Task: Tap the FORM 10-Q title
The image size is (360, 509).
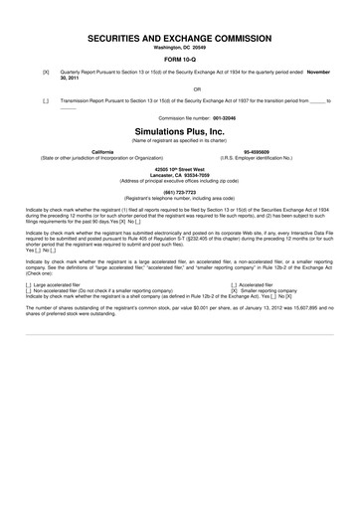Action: tap(179, 60)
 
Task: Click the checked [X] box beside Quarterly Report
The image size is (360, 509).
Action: tap(46, 73)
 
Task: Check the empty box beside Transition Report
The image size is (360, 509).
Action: tap(46, 101)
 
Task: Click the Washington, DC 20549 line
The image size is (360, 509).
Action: tap(179, 48)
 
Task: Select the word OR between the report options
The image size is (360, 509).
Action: tap(179, 87)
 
